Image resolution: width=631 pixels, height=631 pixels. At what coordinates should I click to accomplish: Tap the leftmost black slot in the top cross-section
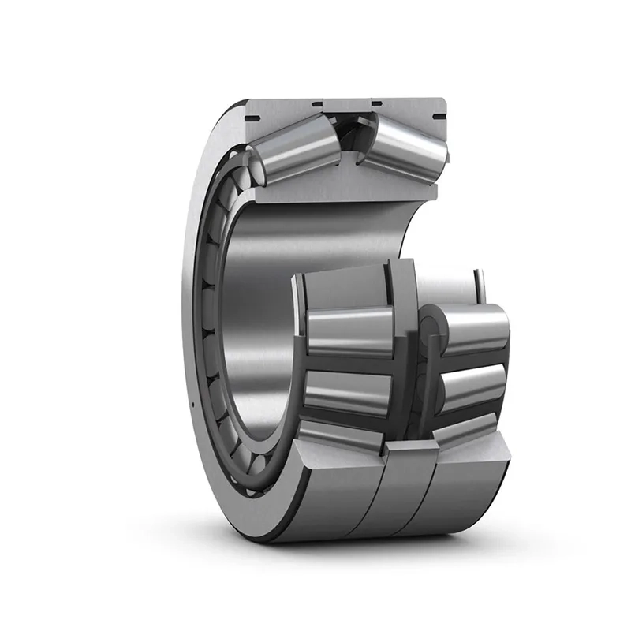tap(254, 118)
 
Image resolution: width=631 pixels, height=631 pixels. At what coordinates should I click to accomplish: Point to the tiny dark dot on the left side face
tap(192, 405)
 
